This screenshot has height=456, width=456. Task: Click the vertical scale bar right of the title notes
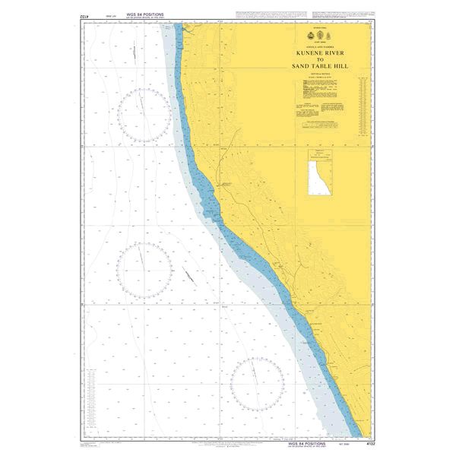367,106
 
